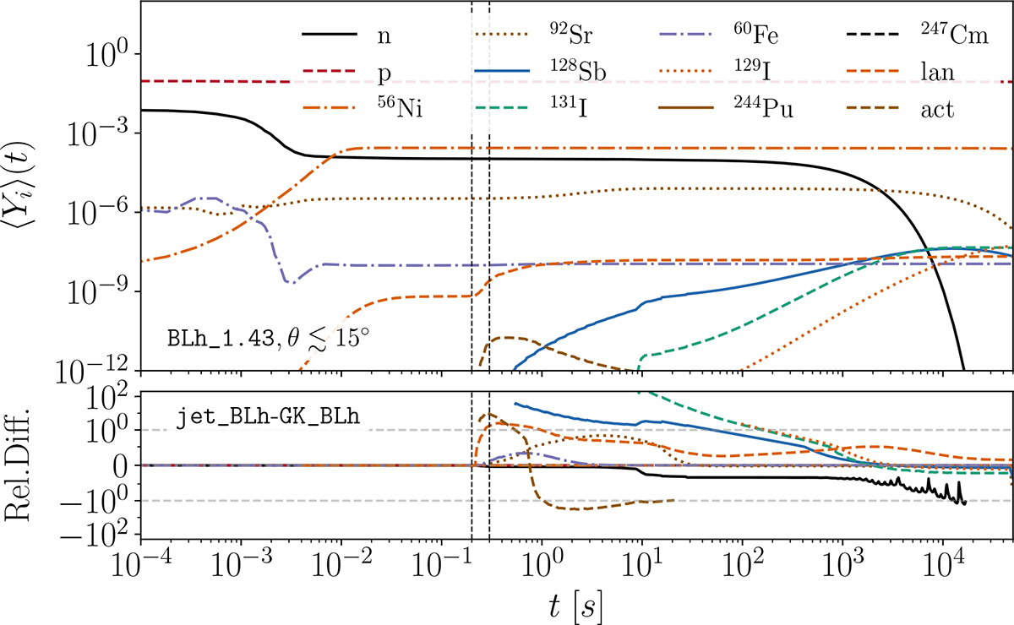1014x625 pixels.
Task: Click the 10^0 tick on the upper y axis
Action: (106, 55)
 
